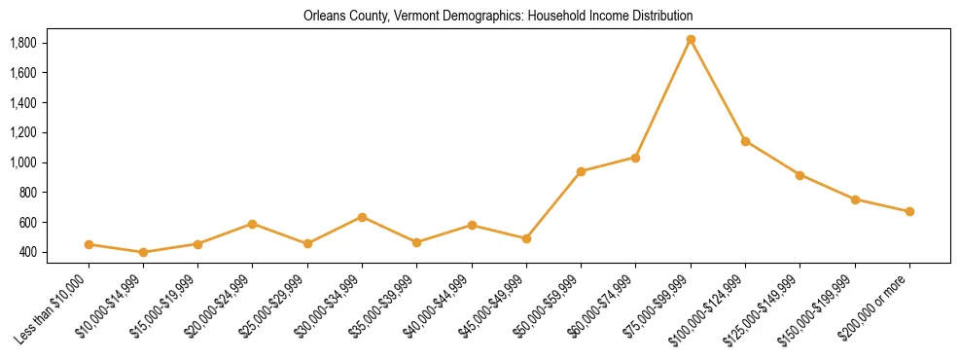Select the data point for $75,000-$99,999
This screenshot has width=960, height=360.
pos(691,40)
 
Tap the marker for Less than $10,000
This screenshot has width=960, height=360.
pos(89,244)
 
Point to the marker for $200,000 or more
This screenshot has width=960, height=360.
pos(909,211)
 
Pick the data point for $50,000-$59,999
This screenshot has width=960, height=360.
pos(581,171)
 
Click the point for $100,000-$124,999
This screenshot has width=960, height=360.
pos(745,141)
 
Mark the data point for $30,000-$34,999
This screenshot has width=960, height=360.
pos(362,217)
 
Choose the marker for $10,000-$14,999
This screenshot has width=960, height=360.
pos(144,252)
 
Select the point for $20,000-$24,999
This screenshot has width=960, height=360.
pos(253,224)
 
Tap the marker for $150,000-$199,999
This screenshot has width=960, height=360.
pos(855,199)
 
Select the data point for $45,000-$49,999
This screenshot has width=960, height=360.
pos(526,238)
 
